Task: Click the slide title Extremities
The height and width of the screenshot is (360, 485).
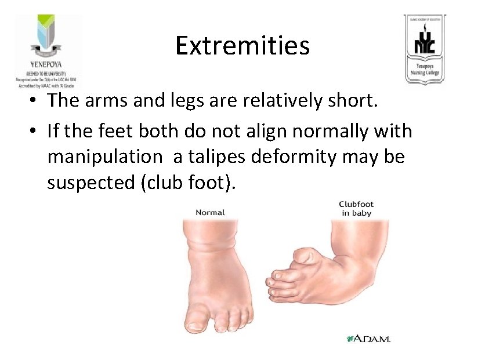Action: (242, 45)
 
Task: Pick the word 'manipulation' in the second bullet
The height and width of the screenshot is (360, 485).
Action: (105, 157)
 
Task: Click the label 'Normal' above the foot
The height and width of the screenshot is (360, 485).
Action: (210, 212)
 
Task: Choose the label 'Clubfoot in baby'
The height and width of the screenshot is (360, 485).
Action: (356, 209)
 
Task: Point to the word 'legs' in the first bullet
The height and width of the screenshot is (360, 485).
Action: (197, 101)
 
